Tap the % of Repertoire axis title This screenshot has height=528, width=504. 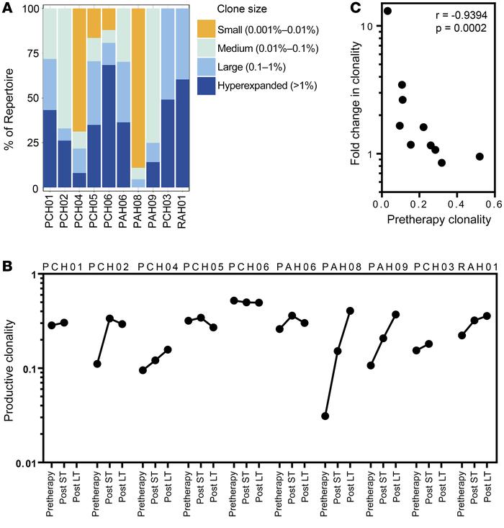pos(9,99)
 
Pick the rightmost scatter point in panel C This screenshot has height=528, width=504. pos(480,156)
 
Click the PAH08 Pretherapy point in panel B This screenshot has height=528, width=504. pos(325,416)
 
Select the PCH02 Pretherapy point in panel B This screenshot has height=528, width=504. pos(97,364)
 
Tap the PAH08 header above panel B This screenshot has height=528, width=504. pos(336,266)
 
